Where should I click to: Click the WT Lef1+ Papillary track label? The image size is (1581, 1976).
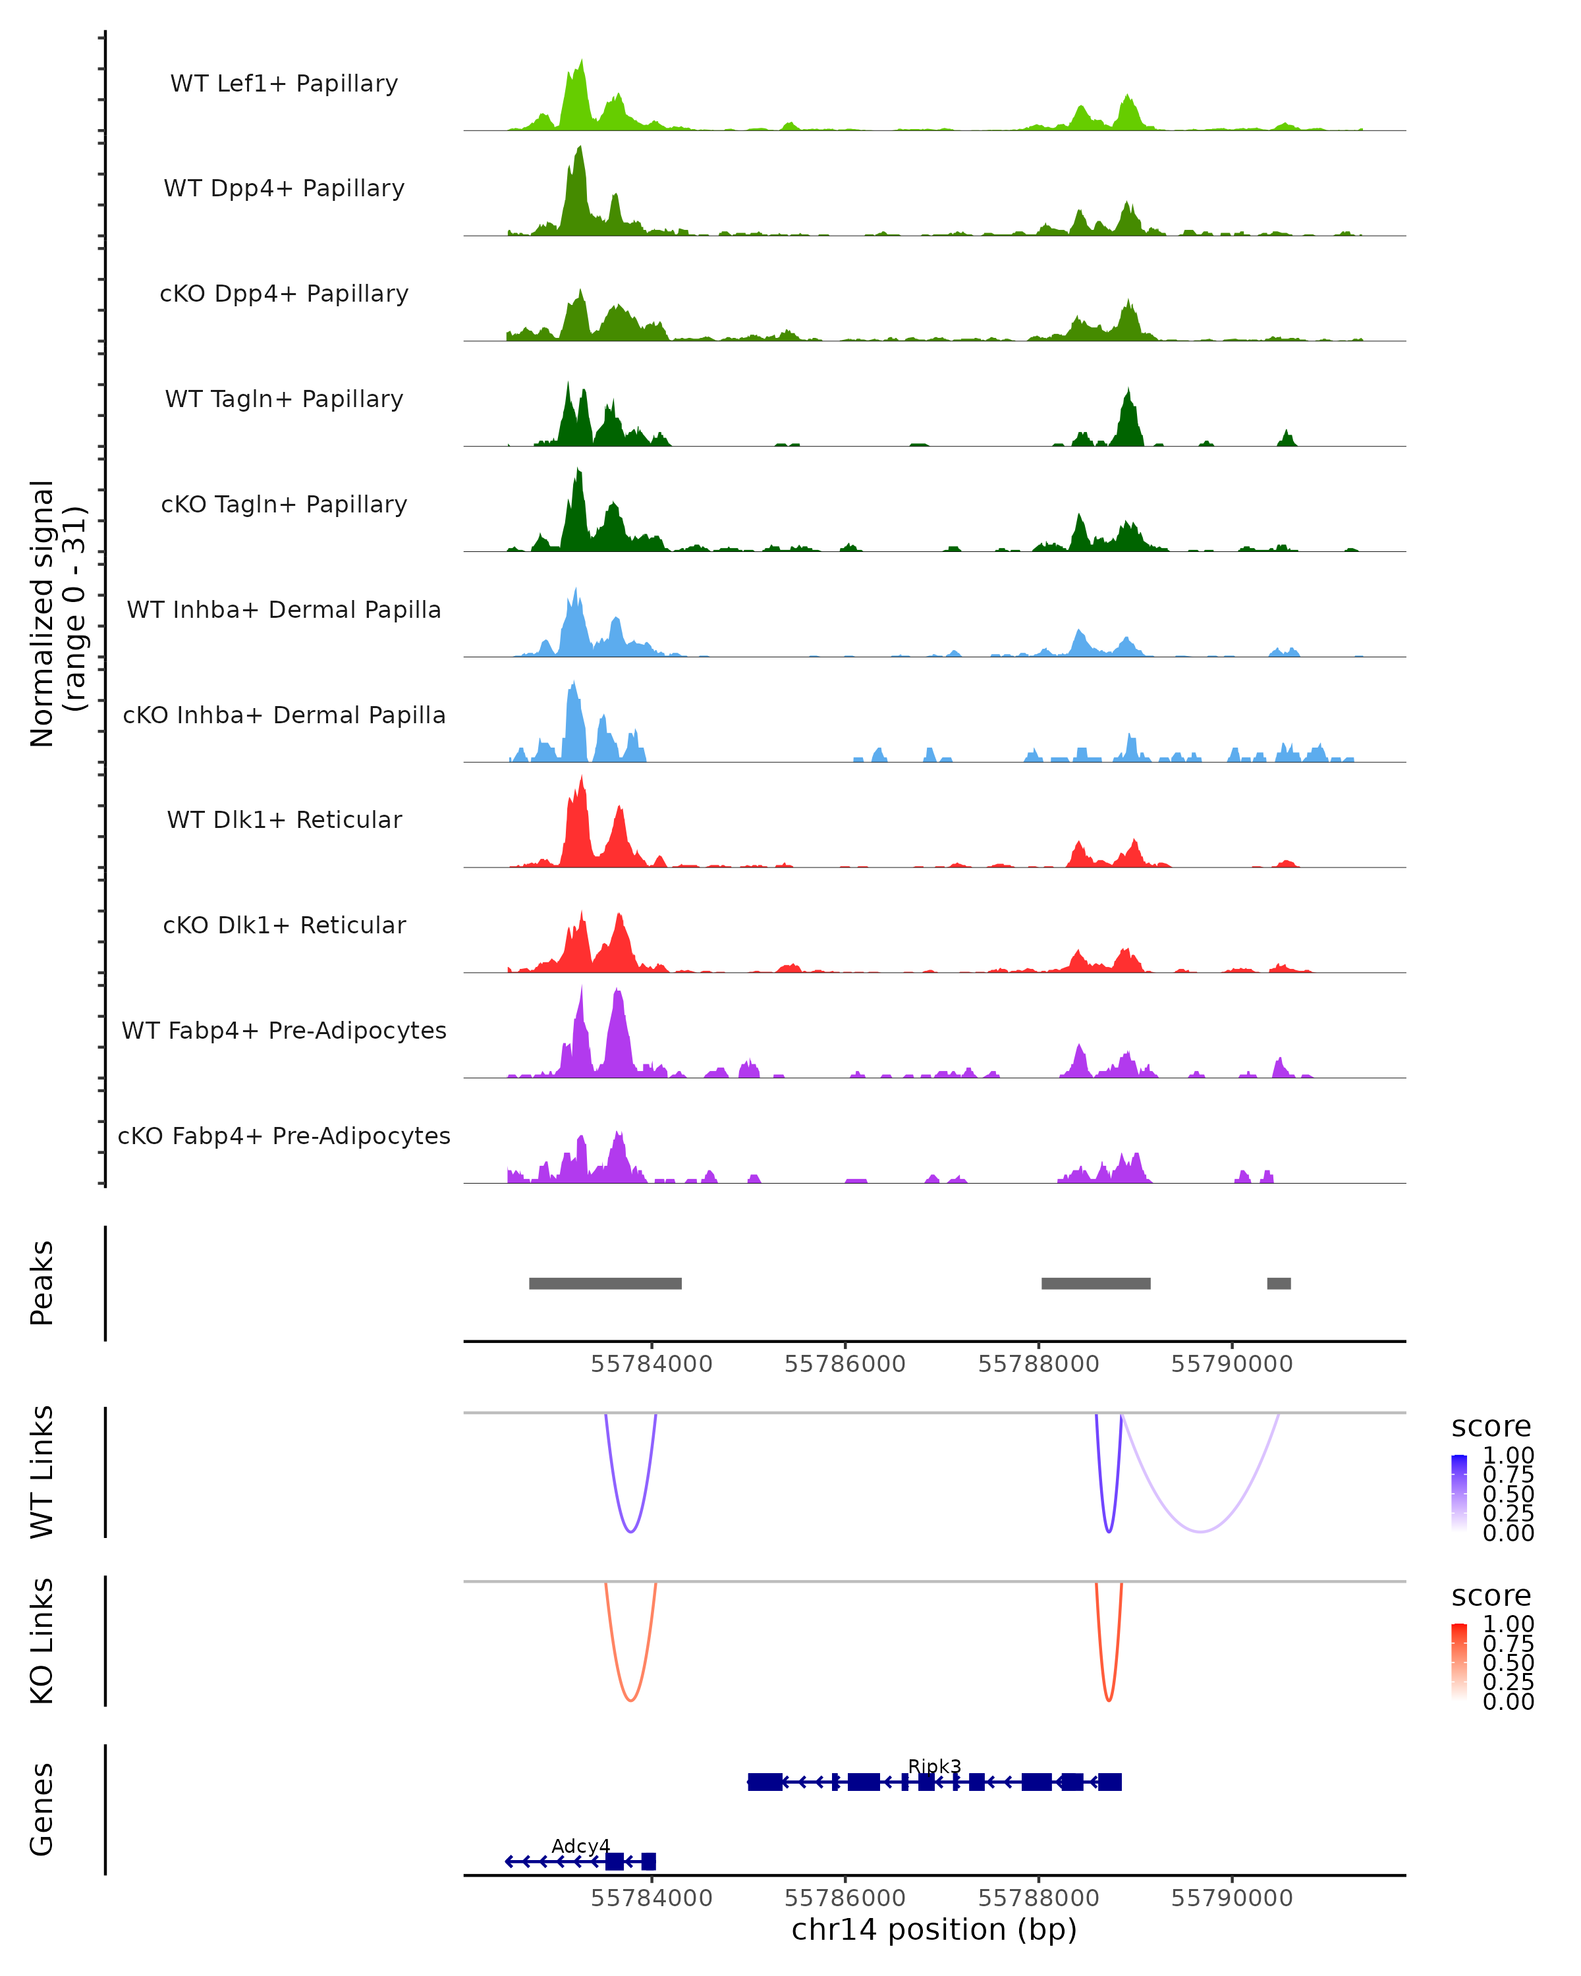pyautogui.click(x=284, y=84)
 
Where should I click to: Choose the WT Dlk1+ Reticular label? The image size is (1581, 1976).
pyautogui.click(x=284, y=819)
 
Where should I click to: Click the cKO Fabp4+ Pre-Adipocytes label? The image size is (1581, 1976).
pyautogui.click(x=284, y=1136)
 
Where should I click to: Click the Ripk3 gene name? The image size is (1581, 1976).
pyautogui.click(x=934, y=1766)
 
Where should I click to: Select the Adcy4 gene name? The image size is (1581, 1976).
pyautogui.click(x=580, y=1846)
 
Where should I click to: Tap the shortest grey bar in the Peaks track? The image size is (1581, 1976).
pyautogui.click(x=1279, y=1283)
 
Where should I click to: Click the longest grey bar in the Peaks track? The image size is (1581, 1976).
pyautogui.click(x=605, y=1283)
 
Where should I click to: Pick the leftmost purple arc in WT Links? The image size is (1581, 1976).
pyautogui.click(x=630, y=1531)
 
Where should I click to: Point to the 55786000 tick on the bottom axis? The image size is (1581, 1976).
pyautogui.click(x=845, y=1897)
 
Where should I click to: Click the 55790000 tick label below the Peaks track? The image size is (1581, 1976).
pyautogui.click(x=1232, y=1364)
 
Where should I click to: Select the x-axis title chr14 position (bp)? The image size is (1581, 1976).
pyautogui.click(x=934, y=1929)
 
